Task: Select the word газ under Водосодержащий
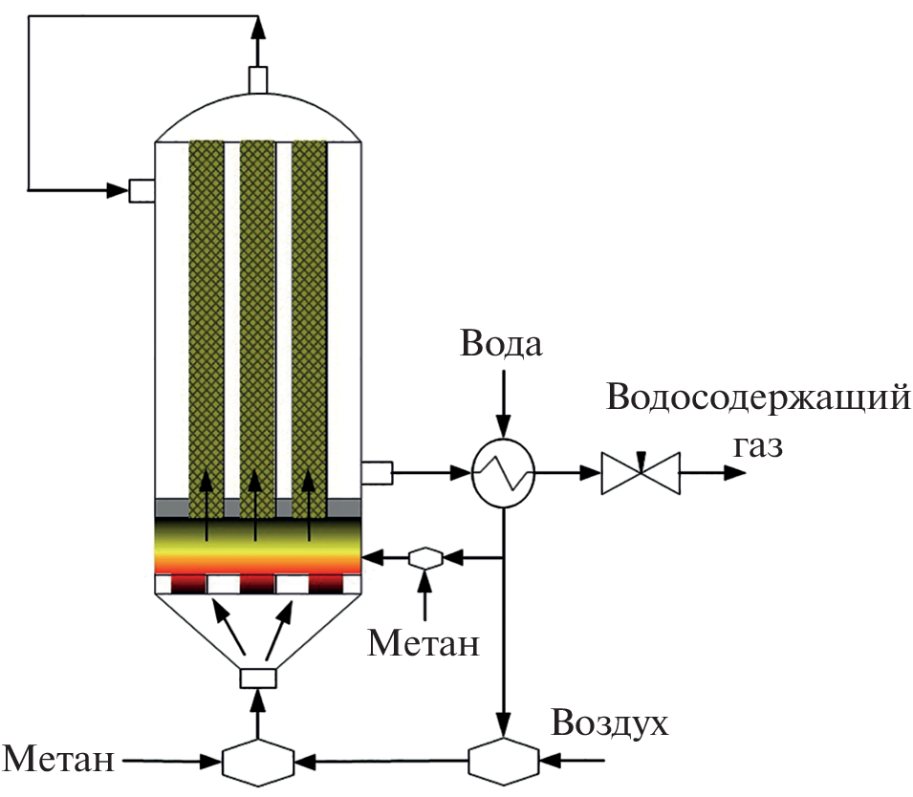pyautogui.click(x=758, y=444)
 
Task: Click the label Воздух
pyautogui.click(x=609, y=723)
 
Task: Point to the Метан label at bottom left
pyautogui.click(x=60, y=762)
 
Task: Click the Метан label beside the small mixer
pyautogui.click(x=424, y=643)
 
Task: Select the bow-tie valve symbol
pyautogui.click(x=641, y=472)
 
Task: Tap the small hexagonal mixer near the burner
pyautogui.click(x=424, y=557)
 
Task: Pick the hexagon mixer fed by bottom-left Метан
pyautogui.click(x=257, y=762)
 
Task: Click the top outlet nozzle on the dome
pyautogui.click(x=258, y=79)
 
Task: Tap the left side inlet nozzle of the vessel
pyautogui.click(x=141, y=190)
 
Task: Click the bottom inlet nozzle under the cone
pyautogui.click(x=257, y=678)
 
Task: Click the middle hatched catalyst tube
pyautogui.click(x=257, y=315)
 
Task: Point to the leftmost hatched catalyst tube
pyautogui.click(x=207, y=315)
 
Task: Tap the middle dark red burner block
pyautogui.click(x=257, y=583)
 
